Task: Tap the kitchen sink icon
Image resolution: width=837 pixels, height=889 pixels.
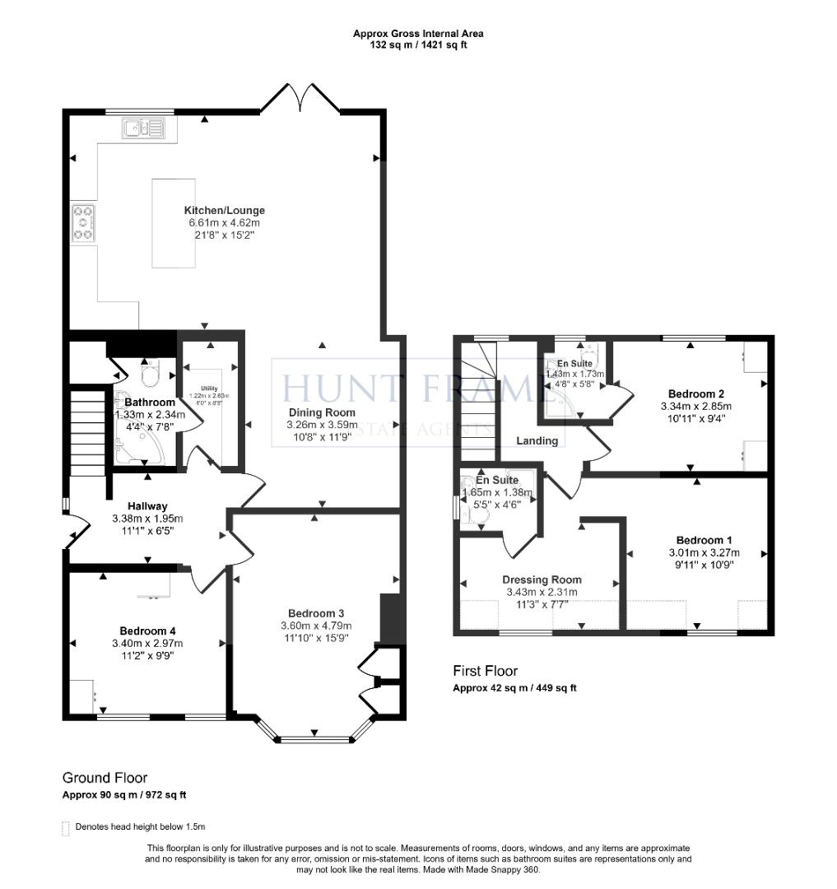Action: (143, 128)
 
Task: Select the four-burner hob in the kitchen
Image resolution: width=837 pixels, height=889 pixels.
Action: (82, 222)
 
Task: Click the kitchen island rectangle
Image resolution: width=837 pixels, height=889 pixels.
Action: (174, 222)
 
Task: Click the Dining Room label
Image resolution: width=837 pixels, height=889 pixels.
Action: (322, 412)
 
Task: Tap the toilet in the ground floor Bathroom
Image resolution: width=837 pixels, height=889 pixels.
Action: (150, 376)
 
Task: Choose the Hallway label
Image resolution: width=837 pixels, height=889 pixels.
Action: (147, 506)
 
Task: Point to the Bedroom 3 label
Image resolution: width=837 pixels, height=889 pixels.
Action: (315, 613)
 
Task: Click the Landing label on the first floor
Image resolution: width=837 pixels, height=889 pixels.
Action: (537, 440)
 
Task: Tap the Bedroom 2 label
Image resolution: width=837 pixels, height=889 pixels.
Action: (695, 393)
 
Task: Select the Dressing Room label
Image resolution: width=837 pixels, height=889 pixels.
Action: (542, 579)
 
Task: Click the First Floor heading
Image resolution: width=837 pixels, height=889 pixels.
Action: (486, 671)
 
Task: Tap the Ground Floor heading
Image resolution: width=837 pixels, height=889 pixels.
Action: (105, 777)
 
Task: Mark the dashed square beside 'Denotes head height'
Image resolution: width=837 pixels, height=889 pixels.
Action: (66, 827)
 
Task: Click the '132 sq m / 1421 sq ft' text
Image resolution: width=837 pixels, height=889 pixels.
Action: (418, 44)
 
